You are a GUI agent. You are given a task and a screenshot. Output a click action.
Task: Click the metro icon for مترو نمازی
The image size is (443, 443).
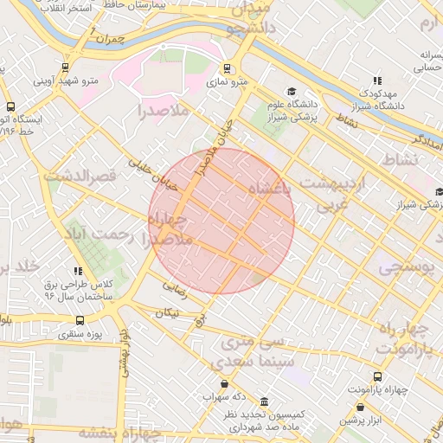coord(228,68)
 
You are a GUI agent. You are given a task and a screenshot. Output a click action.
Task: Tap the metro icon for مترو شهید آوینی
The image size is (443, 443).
coord(66,68)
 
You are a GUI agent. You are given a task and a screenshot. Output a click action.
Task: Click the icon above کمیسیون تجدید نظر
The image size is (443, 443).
coord(263,402)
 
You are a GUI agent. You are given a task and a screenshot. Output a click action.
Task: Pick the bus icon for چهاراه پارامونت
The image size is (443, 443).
coord(377,376)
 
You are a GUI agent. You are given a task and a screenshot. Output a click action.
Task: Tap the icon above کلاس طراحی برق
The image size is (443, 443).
coord(79,271)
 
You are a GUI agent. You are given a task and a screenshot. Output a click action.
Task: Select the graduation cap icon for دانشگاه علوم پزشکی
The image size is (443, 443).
coord(292,91)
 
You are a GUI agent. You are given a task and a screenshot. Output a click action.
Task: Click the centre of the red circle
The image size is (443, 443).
coord(221,221)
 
